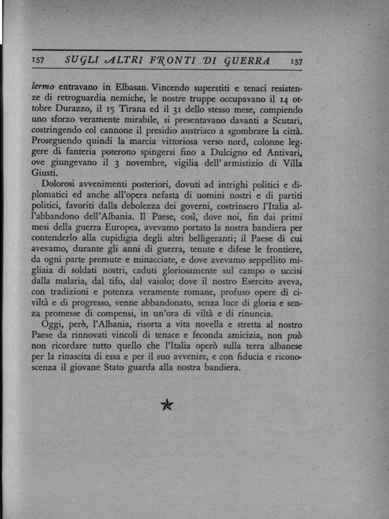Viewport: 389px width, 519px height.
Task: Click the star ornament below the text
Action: pos(167,405)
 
